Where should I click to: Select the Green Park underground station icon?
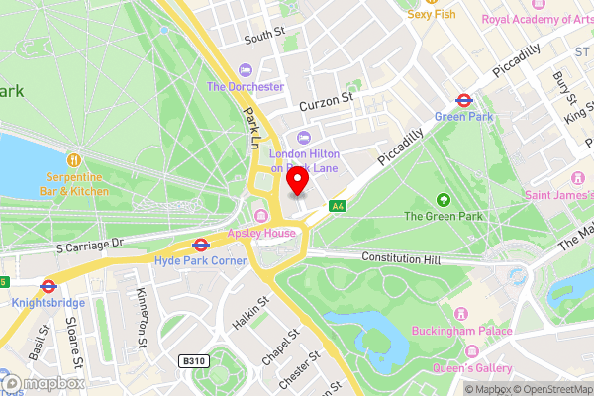462,100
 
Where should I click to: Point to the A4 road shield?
339,206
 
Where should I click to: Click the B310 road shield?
194,363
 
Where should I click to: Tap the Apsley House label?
262,233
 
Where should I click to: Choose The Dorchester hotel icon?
246,69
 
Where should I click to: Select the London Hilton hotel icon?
304,138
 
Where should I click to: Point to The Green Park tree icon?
442,199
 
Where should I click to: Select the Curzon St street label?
325,100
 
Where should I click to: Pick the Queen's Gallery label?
471,369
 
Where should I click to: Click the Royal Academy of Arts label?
537,19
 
